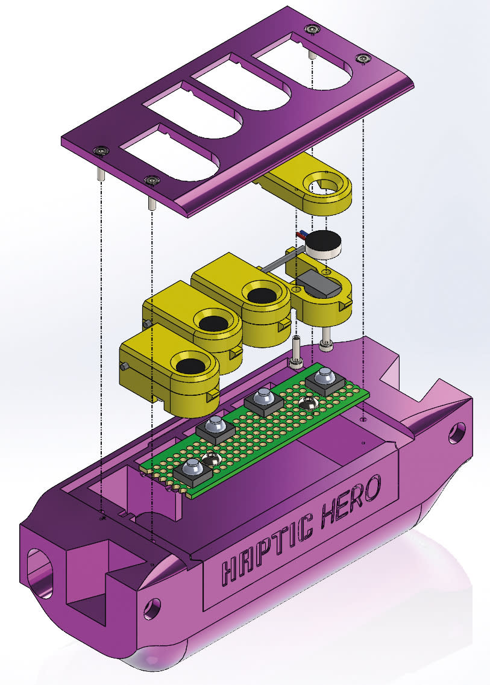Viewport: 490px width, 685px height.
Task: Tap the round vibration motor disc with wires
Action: [323, 244]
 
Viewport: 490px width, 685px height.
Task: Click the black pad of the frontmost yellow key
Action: [193, 366]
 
